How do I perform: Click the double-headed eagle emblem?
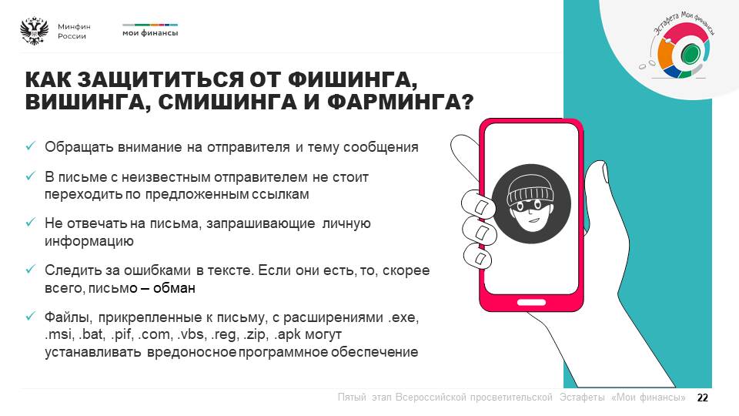pos(35,31)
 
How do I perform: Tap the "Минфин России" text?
pos(74,31)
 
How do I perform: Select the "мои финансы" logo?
pos(150,30)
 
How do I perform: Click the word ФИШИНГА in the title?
pos(352,79)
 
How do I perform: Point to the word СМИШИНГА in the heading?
pos(227,102)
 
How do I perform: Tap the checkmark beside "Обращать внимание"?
pos(31,146)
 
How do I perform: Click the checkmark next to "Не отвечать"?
pos(31,222)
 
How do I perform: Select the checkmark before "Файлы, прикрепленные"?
pos(31,316)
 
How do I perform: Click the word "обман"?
pos(174,287)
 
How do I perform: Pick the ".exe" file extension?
pos(403,317)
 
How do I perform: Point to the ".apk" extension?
pos(287,334)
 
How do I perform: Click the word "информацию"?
pos(89,241)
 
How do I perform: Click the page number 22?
pos(702,398)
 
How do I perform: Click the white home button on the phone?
pos(531,302)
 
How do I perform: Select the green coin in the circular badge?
pos(690,53)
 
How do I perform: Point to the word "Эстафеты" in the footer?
pos(582,398)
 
